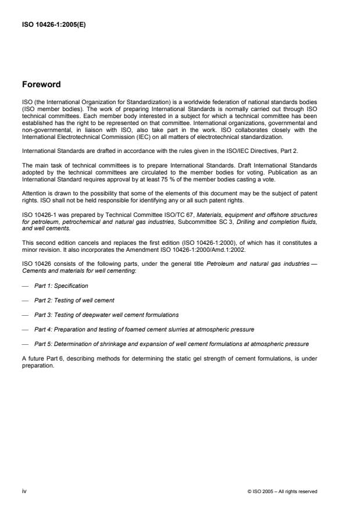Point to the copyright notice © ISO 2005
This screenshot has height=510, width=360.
(281, 491)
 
